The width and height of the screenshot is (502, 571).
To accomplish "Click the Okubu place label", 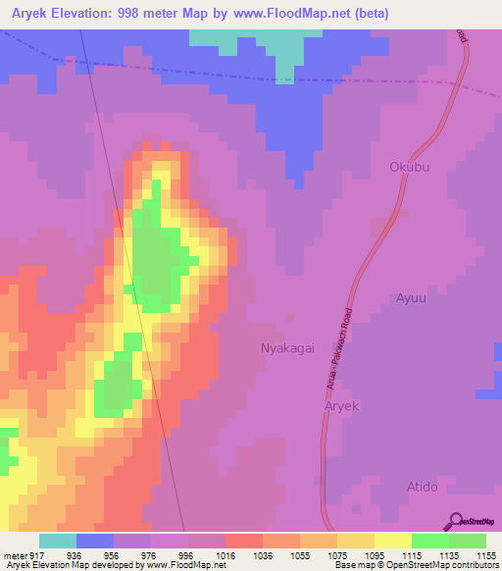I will [x=410, y=167].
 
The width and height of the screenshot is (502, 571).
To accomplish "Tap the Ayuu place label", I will [x=412, y=298].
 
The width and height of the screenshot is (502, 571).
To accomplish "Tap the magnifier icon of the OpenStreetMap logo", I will [x=455, y=520].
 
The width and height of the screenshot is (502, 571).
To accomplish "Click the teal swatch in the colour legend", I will [x=58, y=540].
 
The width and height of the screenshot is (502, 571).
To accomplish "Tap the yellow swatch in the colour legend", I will [x=392, y=540].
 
